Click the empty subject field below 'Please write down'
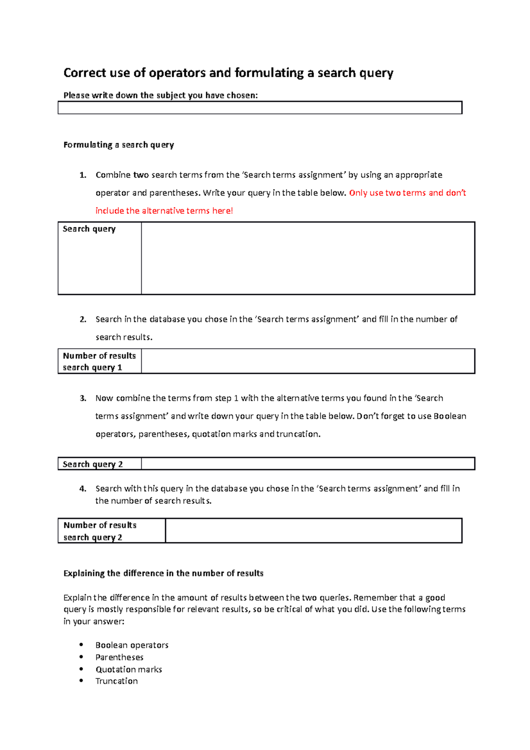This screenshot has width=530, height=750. [260, 108]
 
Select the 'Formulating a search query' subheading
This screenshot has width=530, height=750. [118, 145]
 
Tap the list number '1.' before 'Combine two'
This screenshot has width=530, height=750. [83, 175]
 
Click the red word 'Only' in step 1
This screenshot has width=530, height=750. [358, 193]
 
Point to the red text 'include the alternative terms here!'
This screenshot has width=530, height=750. [164, 211]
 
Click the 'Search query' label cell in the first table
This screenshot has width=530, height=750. [100, 258]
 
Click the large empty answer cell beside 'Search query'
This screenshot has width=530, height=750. [308, 258]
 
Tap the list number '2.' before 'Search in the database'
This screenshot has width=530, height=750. [83, 319]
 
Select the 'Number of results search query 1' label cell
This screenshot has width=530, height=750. [100, 361]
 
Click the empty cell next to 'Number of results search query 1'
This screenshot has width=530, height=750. [308, 361]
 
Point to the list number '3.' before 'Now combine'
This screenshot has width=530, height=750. [83, 398]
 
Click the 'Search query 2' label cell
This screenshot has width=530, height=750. [100, 464]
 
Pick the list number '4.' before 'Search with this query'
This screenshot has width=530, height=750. [83, 489]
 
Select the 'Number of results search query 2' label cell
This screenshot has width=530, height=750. [112, 531]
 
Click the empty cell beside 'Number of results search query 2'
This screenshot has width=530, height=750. [314, 531]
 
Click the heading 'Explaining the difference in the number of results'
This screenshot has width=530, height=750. [163, 573]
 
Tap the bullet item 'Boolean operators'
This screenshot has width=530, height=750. [132, 645]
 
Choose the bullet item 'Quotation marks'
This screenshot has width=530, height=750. [129, 670]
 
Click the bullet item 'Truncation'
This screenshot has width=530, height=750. [117, 681]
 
